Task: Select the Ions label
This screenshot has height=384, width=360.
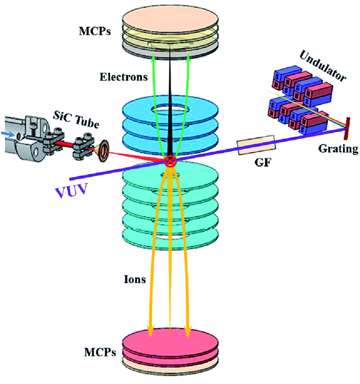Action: [135, 279]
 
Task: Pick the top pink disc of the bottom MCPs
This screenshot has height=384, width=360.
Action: [169, 338]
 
